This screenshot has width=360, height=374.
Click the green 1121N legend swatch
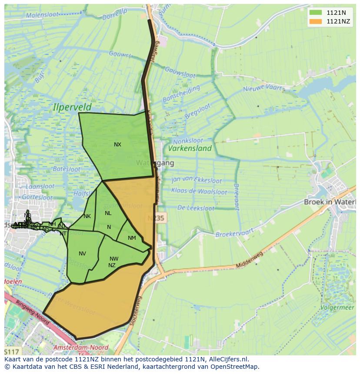[x=316, y=13]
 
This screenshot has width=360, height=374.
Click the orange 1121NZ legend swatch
[x=316, y=21]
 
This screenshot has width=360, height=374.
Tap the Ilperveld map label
[x=72, y=106]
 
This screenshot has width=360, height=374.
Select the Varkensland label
[x=190, y=148]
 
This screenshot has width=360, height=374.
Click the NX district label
[x=117, y=145]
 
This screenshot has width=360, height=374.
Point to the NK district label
[x=87, y=216]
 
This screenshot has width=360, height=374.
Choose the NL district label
[x=108, y=213]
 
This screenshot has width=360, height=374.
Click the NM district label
[x=132, y=238]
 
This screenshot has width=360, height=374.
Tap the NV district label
[x=82, y=254]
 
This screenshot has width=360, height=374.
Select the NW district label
[x=114, y=259]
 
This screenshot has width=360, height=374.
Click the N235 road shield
[x=155, y=218]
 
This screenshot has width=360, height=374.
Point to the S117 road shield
[x=12, y=351]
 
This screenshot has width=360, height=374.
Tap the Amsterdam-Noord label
[x=80, y=348]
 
